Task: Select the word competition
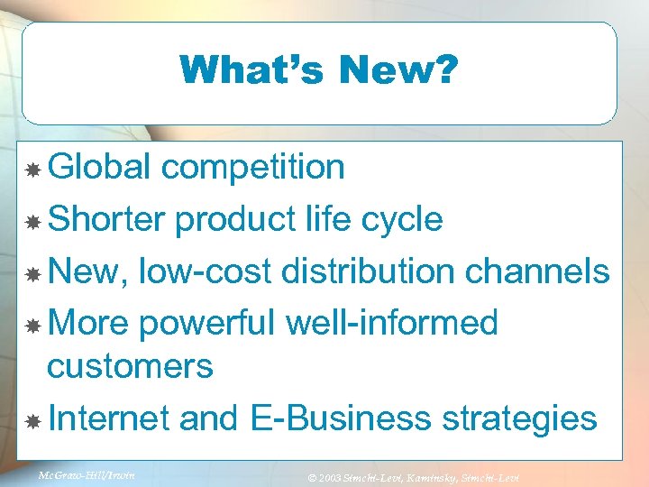[254, 167]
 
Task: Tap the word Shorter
[107, 219]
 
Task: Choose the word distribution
[390, 271]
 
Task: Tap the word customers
[130, 366]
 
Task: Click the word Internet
[109, 418]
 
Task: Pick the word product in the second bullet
[232, 219]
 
